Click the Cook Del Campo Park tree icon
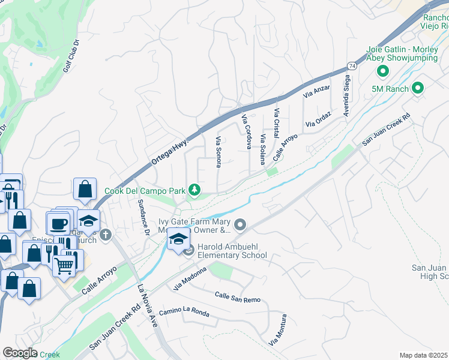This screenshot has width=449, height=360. point(194,190)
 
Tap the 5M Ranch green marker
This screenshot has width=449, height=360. point(418,89)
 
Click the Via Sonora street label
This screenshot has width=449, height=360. point(218,152)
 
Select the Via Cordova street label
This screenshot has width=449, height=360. point(246,131)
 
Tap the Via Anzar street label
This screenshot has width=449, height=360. point(316,91)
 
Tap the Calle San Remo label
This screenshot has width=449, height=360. point(238,296)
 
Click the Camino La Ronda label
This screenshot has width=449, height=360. point(184,313)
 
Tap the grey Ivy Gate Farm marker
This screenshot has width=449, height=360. point(240,226)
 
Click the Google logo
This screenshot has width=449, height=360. point(20,353)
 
